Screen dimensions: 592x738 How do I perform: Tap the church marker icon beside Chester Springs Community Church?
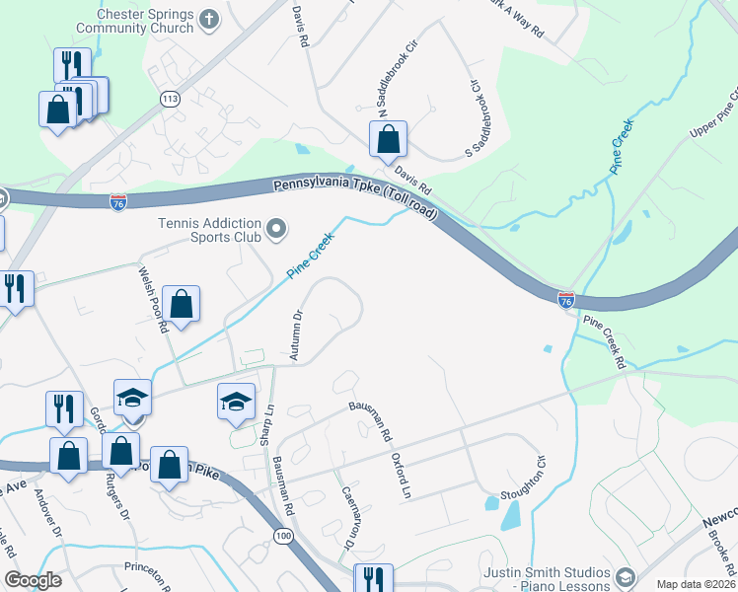tap(209, 18)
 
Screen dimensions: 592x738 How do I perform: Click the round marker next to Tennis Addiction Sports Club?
tap(277, 230)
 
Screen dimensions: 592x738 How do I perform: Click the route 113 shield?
tap(170, 100)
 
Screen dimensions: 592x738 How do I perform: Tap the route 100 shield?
tap(283, 534)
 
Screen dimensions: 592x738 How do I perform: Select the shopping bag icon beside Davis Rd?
tap(389, 140)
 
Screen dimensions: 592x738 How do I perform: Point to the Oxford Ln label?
tap(399, 475)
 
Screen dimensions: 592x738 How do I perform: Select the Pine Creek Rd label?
tap(604, 342)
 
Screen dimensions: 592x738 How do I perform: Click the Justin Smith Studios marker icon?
tap(624, 575)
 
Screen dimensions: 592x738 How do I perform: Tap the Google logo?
tap(33, 581)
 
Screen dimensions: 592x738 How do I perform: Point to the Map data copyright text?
tap(696, 584)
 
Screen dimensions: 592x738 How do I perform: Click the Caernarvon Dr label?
tap(346, 516)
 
